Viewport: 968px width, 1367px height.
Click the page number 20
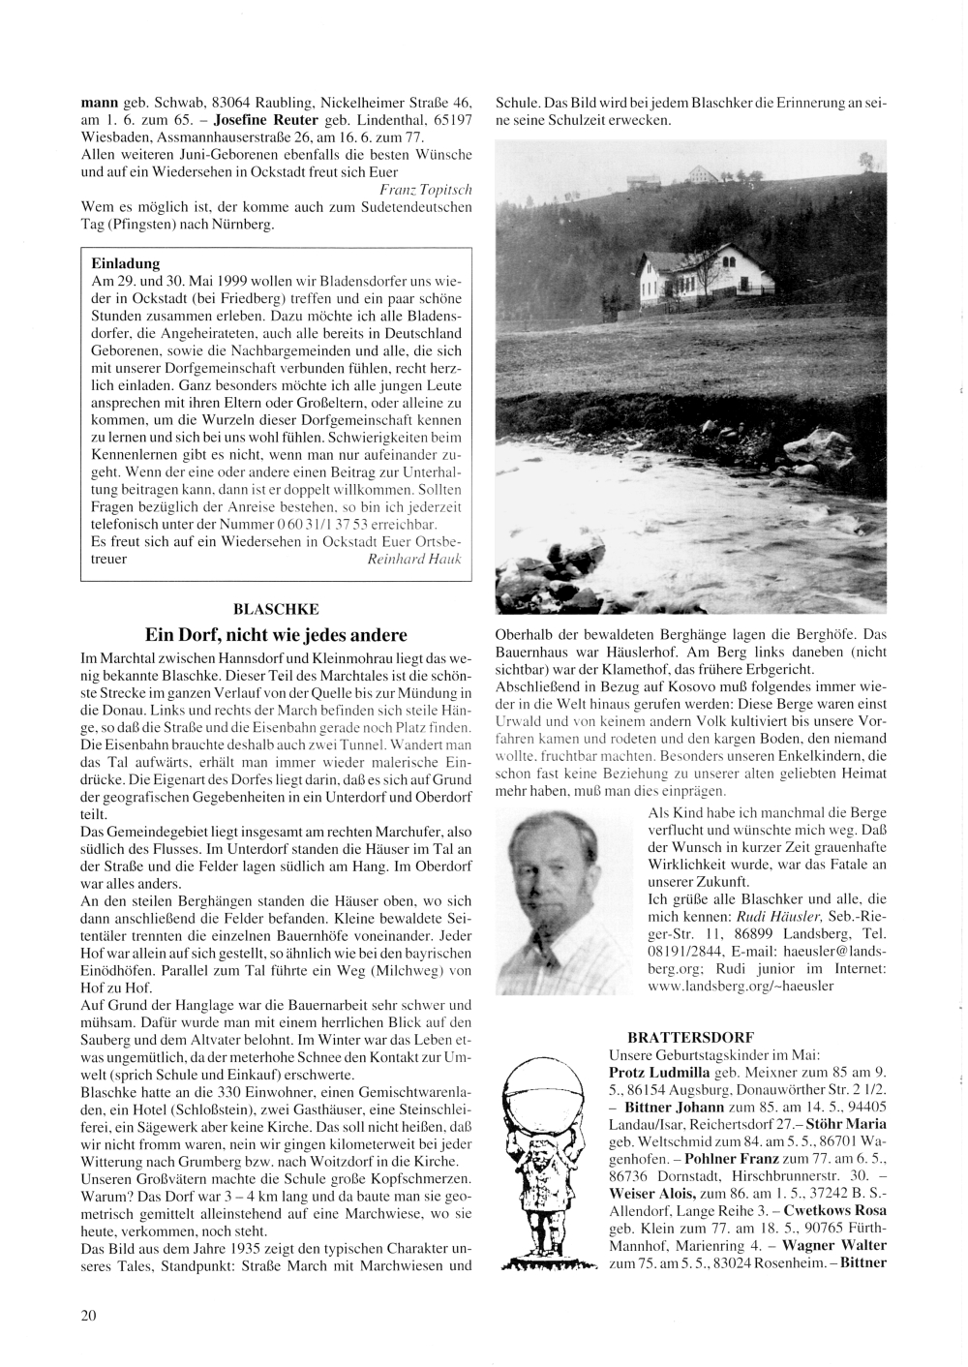[88, 1315]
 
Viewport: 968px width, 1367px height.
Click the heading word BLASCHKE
[276, 609]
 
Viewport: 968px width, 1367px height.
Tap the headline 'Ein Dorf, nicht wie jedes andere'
[276, 636]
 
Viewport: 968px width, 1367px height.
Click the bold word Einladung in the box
[125, 262]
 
